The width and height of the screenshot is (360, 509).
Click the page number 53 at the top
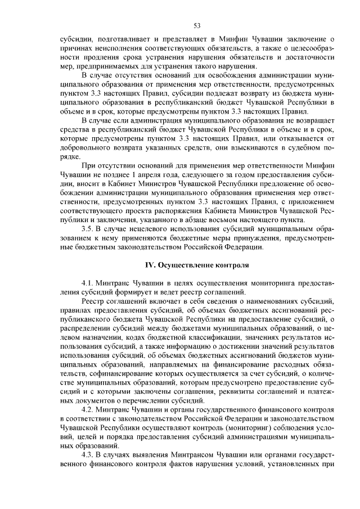point(197,25)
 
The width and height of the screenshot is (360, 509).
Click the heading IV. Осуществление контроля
point(197,264)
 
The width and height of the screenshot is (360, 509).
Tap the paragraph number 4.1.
point(90,283)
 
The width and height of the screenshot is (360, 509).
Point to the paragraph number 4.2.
point(90,409)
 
